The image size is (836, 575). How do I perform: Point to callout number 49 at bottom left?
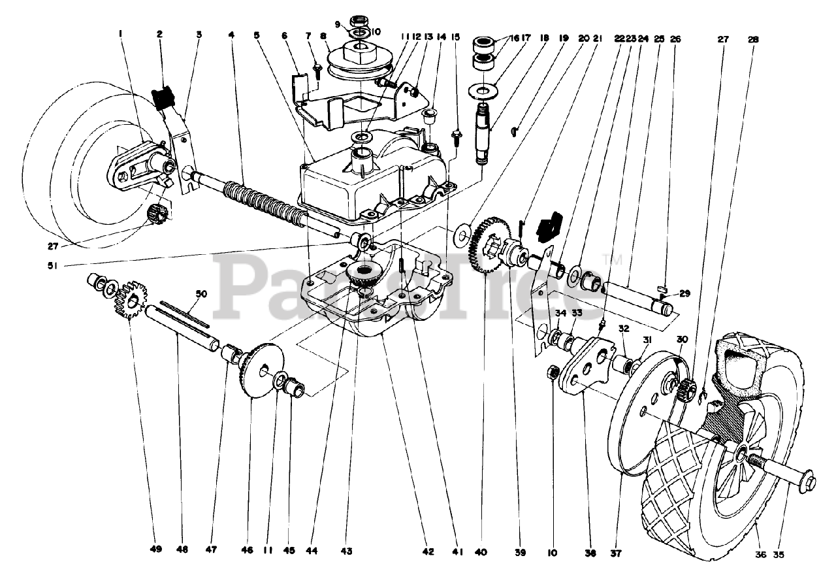point(154,550)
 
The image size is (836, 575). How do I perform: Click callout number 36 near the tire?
point(759,555)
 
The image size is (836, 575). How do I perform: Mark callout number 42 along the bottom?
point(428,551)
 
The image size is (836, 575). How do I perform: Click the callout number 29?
point(684,294)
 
